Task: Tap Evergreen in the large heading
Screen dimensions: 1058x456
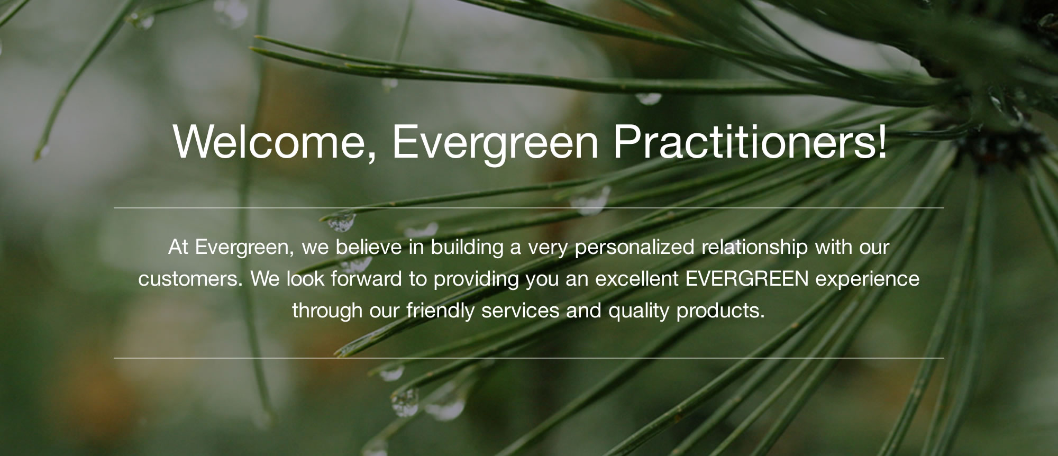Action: (495, 143)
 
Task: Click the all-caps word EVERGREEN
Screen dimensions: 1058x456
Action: (747, 279)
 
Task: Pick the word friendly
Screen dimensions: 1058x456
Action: (441, 311)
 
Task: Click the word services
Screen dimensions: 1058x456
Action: (520, 310)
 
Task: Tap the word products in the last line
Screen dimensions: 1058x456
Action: (720, 310)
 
